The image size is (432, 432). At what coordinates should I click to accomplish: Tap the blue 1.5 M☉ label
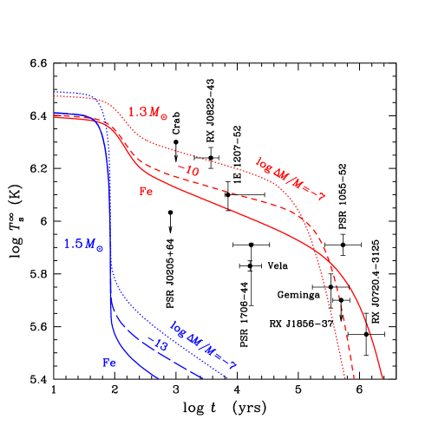[x=82, y=245]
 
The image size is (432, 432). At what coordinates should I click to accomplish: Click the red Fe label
[x=147, y=191]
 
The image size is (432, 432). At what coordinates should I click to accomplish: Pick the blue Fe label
[x=109, y=363]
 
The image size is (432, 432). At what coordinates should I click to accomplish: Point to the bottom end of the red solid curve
[x=383, y=378]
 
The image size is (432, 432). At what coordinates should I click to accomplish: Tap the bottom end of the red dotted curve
[x=346, y=378]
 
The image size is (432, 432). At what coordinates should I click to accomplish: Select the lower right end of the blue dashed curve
[x=203, y=378]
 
